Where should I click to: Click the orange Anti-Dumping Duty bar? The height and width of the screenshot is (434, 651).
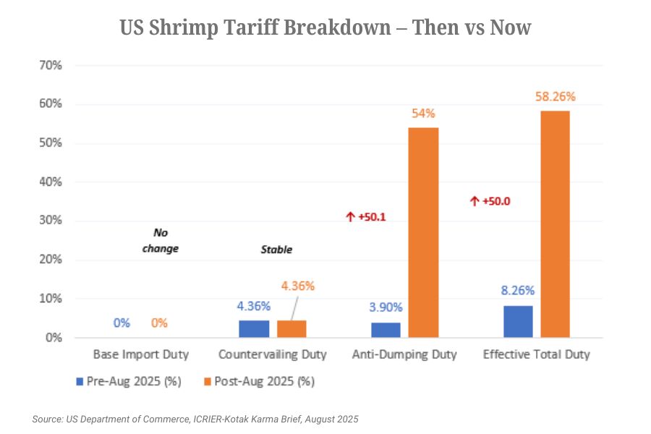424,232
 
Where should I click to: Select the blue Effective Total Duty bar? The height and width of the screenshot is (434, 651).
518,322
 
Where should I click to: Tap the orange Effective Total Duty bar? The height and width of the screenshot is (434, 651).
555,224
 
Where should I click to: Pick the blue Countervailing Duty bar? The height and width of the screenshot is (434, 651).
253,329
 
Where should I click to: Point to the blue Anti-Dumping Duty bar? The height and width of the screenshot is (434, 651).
386,330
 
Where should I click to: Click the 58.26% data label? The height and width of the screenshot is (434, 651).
556,97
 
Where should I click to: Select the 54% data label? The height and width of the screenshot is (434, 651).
424,113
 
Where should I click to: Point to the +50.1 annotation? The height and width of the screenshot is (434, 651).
367,216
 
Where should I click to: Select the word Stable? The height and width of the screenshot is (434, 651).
276,250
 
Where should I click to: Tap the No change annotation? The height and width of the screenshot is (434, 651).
160,241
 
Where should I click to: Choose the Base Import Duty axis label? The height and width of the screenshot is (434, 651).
141,354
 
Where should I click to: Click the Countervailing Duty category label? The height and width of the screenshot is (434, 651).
273,354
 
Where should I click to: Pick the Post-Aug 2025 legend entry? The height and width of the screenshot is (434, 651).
259,380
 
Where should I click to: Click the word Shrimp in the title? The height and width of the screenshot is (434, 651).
191,28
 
